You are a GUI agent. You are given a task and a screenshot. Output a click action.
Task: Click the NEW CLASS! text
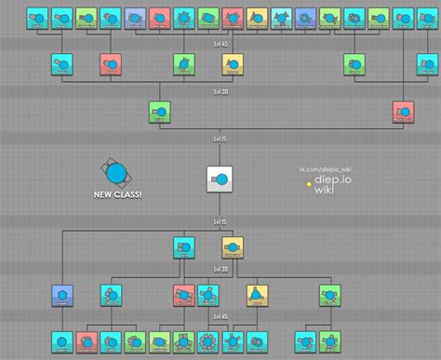[117, 195]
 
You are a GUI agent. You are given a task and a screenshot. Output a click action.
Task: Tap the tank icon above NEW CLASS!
[116, 172]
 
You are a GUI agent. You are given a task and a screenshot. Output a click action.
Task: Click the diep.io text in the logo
[332, 180]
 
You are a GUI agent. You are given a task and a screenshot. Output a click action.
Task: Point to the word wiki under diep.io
[324, 191]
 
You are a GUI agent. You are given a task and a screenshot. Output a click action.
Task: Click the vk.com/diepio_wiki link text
[325, 169]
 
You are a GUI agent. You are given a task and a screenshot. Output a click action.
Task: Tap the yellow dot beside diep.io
[308, 183]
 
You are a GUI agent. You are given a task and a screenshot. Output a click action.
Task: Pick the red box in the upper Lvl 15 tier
[402, 113]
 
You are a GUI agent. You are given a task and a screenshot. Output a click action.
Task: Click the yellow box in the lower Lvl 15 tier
[233, 247]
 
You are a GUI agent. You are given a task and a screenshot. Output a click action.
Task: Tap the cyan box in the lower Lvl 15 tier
[183, 247]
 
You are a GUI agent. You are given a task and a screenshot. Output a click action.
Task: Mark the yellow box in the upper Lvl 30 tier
[232, 63]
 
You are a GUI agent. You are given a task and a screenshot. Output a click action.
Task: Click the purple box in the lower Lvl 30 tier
[63, 296]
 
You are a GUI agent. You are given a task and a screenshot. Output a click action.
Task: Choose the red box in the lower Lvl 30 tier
[183, 296]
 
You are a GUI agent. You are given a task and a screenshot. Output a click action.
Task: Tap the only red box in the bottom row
[87, 341]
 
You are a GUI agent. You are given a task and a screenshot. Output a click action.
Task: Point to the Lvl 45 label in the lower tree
[220, 318]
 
